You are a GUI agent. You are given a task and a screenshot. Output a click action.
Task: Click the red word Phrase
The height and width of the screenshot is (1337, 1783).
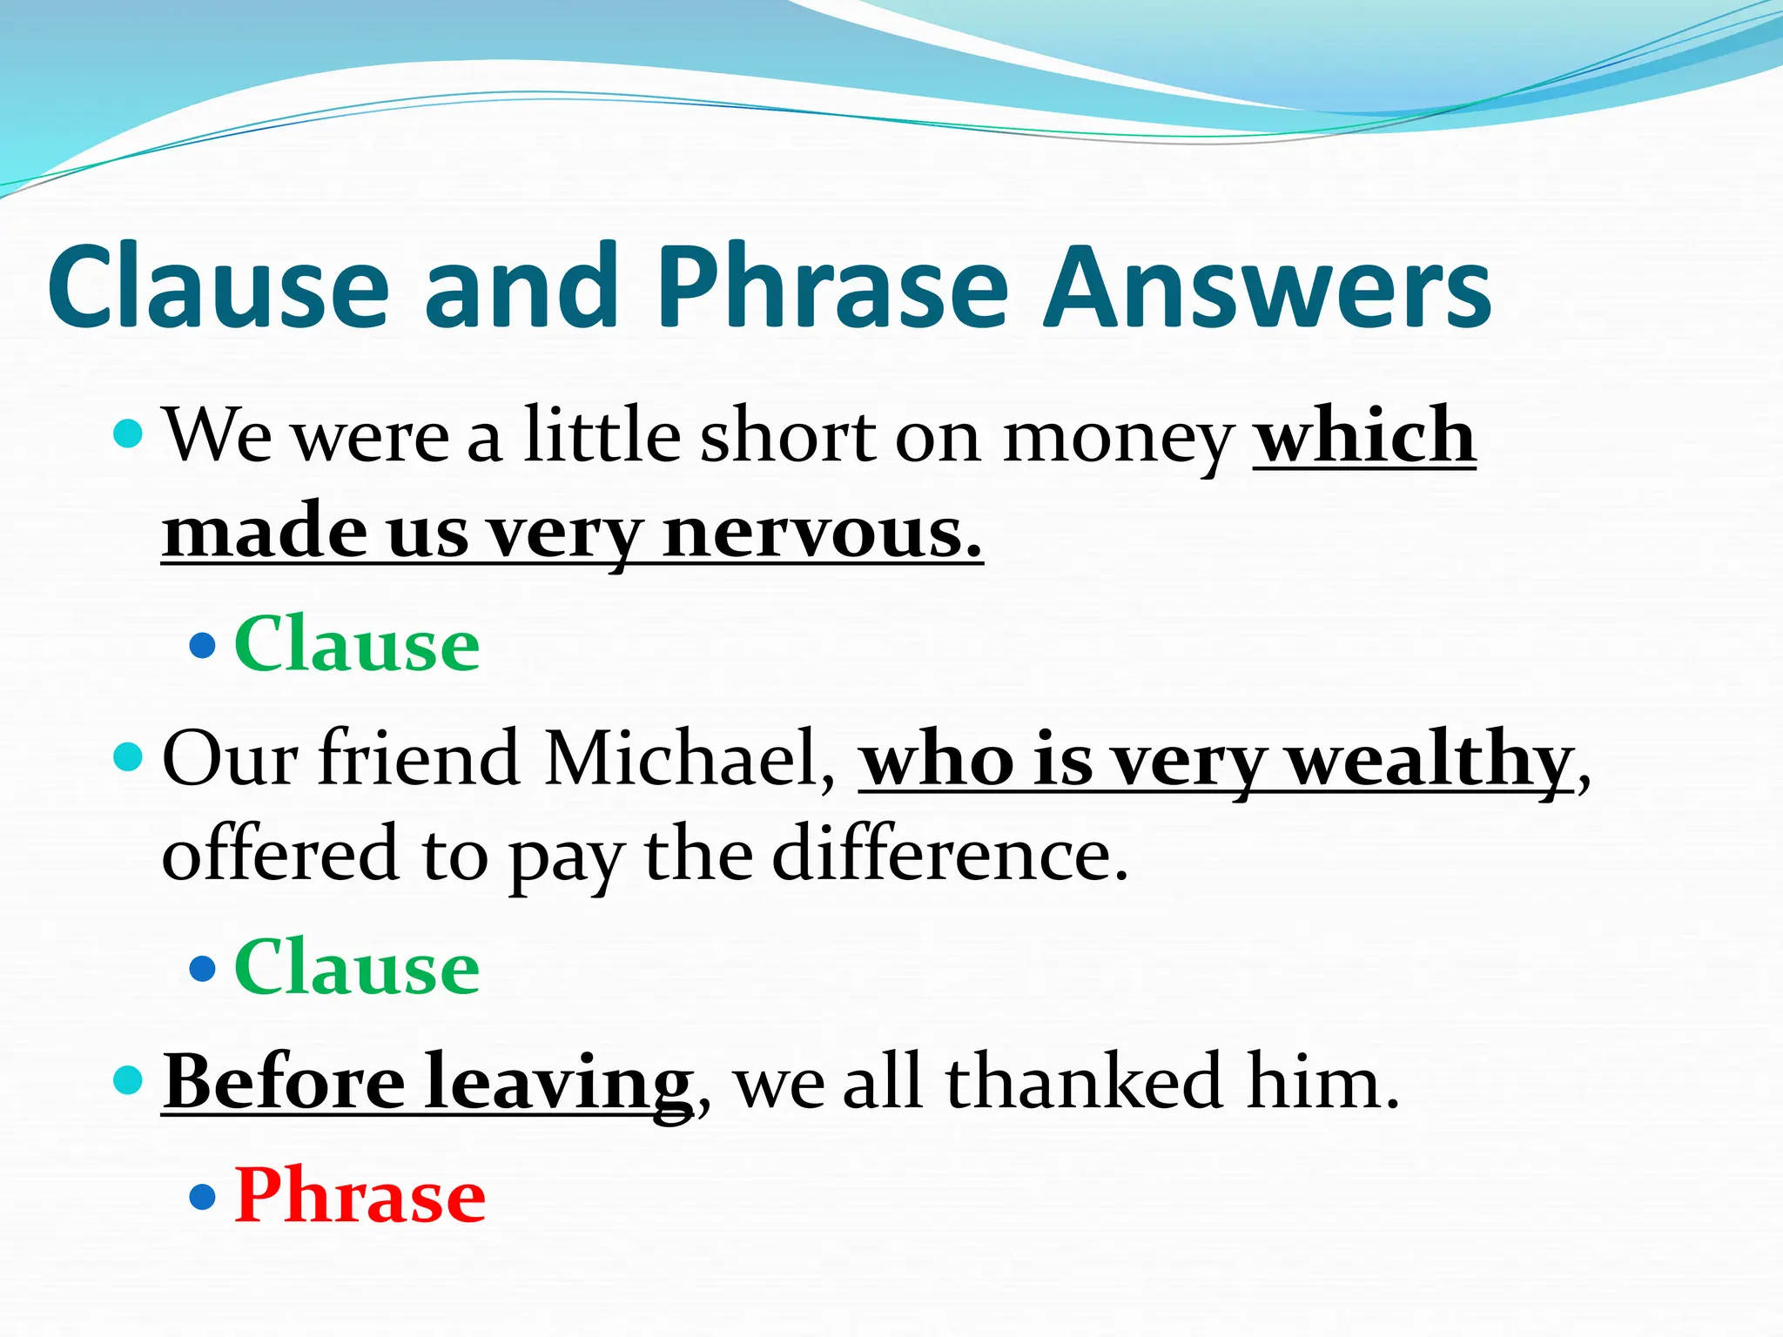[360, 1196]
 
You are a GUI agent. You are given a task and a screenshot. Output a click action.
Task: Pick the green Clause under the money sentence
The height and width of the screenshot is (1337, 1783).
[357, 645]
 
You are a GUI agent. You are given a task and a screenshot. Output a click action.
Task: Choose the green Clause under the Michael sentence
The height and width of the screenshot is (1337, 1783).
[357, 968]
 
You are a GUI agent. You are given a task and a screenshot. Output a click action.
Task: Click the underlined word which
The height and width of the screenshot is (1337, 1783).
[1364, 435]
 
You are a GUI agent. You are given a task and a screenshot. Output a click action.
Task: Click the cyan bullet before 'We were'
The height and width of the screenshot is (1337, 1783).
[128, 433]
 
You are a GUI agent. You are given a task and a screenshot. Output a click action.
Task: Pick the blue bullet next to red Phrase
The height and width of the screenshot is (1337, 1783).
[202, 1197]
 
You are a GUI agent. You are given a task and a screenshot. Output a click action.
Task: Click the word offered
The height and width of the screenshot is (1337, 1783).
[281, 854]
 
